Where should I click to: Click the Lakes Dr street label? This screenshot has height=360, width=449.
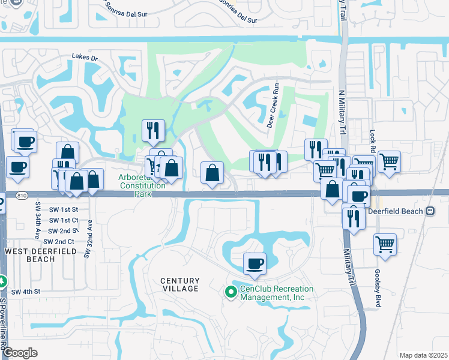coord(84,57)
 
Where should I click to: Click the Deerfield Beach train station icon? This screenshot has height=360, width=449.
coord(430,211)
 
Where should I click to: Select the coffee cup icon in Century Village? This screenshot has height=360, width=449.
coord(255,263)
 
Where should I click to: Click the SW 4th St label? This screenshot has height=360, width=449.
coord(28,292)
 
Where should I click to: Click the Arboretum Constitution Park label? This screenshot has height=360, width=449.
coord(142,182)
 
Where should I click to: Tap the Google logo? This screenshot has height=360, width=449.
coord(20,352)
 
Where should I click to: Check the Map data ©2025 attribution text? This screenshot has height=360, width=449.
coord(423,355)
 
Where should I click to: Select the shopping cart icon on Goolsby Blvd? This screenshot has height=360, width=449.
coord(385,244)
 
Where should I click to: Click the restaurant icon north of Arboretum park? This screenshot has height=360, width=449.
coord(152,130)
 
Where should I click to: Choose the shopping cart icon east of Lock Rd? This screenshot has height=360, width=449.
coord(389,161)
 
